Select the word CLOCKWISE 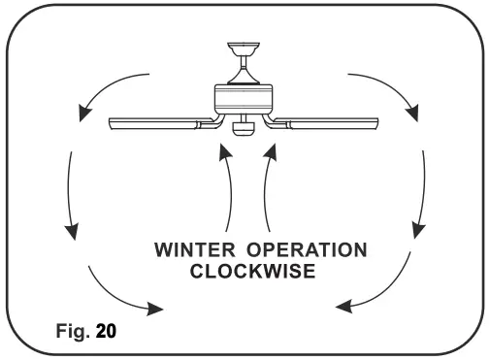tap(251, 273)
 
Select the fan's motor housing tap(245, 98)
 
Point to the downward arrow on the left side tap(70, 194)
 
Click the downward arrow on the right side tap(420, 194)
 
